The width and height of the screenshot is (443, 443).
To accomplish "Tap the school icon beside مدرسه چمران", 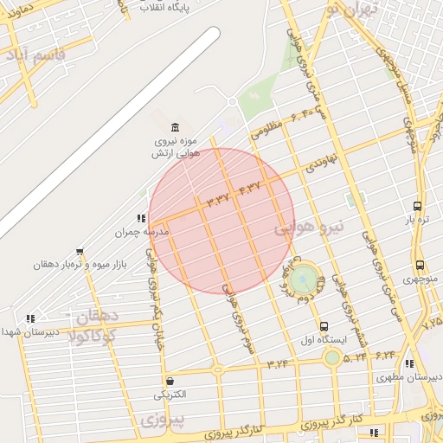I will click(x=141, y=219).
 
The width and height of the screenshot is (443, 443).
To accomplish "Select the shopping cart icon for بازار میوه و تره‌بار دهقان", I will click(x=80, y=253).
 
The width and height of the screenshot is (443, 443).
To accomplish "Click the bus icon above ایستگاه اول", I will click(x=324, y=326).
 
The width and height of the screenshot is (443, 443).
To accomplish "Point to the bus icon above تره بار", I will click(x=418, y=207).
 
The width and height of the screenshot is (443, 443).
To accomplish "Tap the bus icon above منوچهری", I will click(x=420, y=266).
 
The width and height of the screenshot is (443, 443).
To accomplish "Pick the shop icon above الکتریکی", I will click(x=170, y=381).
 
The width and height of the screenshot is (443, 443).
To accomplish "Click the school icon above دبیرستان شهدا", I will click(x=31, y=318).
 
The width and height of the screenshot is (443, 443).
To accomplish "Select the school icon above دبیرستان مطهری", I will click(x=409, y=364).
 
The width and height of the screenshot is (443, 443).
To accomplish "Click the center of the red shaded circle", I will click(x=221, y=221).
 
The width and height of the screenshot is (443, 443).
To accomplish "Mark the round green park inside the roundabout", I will click(x=303, y=279).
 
